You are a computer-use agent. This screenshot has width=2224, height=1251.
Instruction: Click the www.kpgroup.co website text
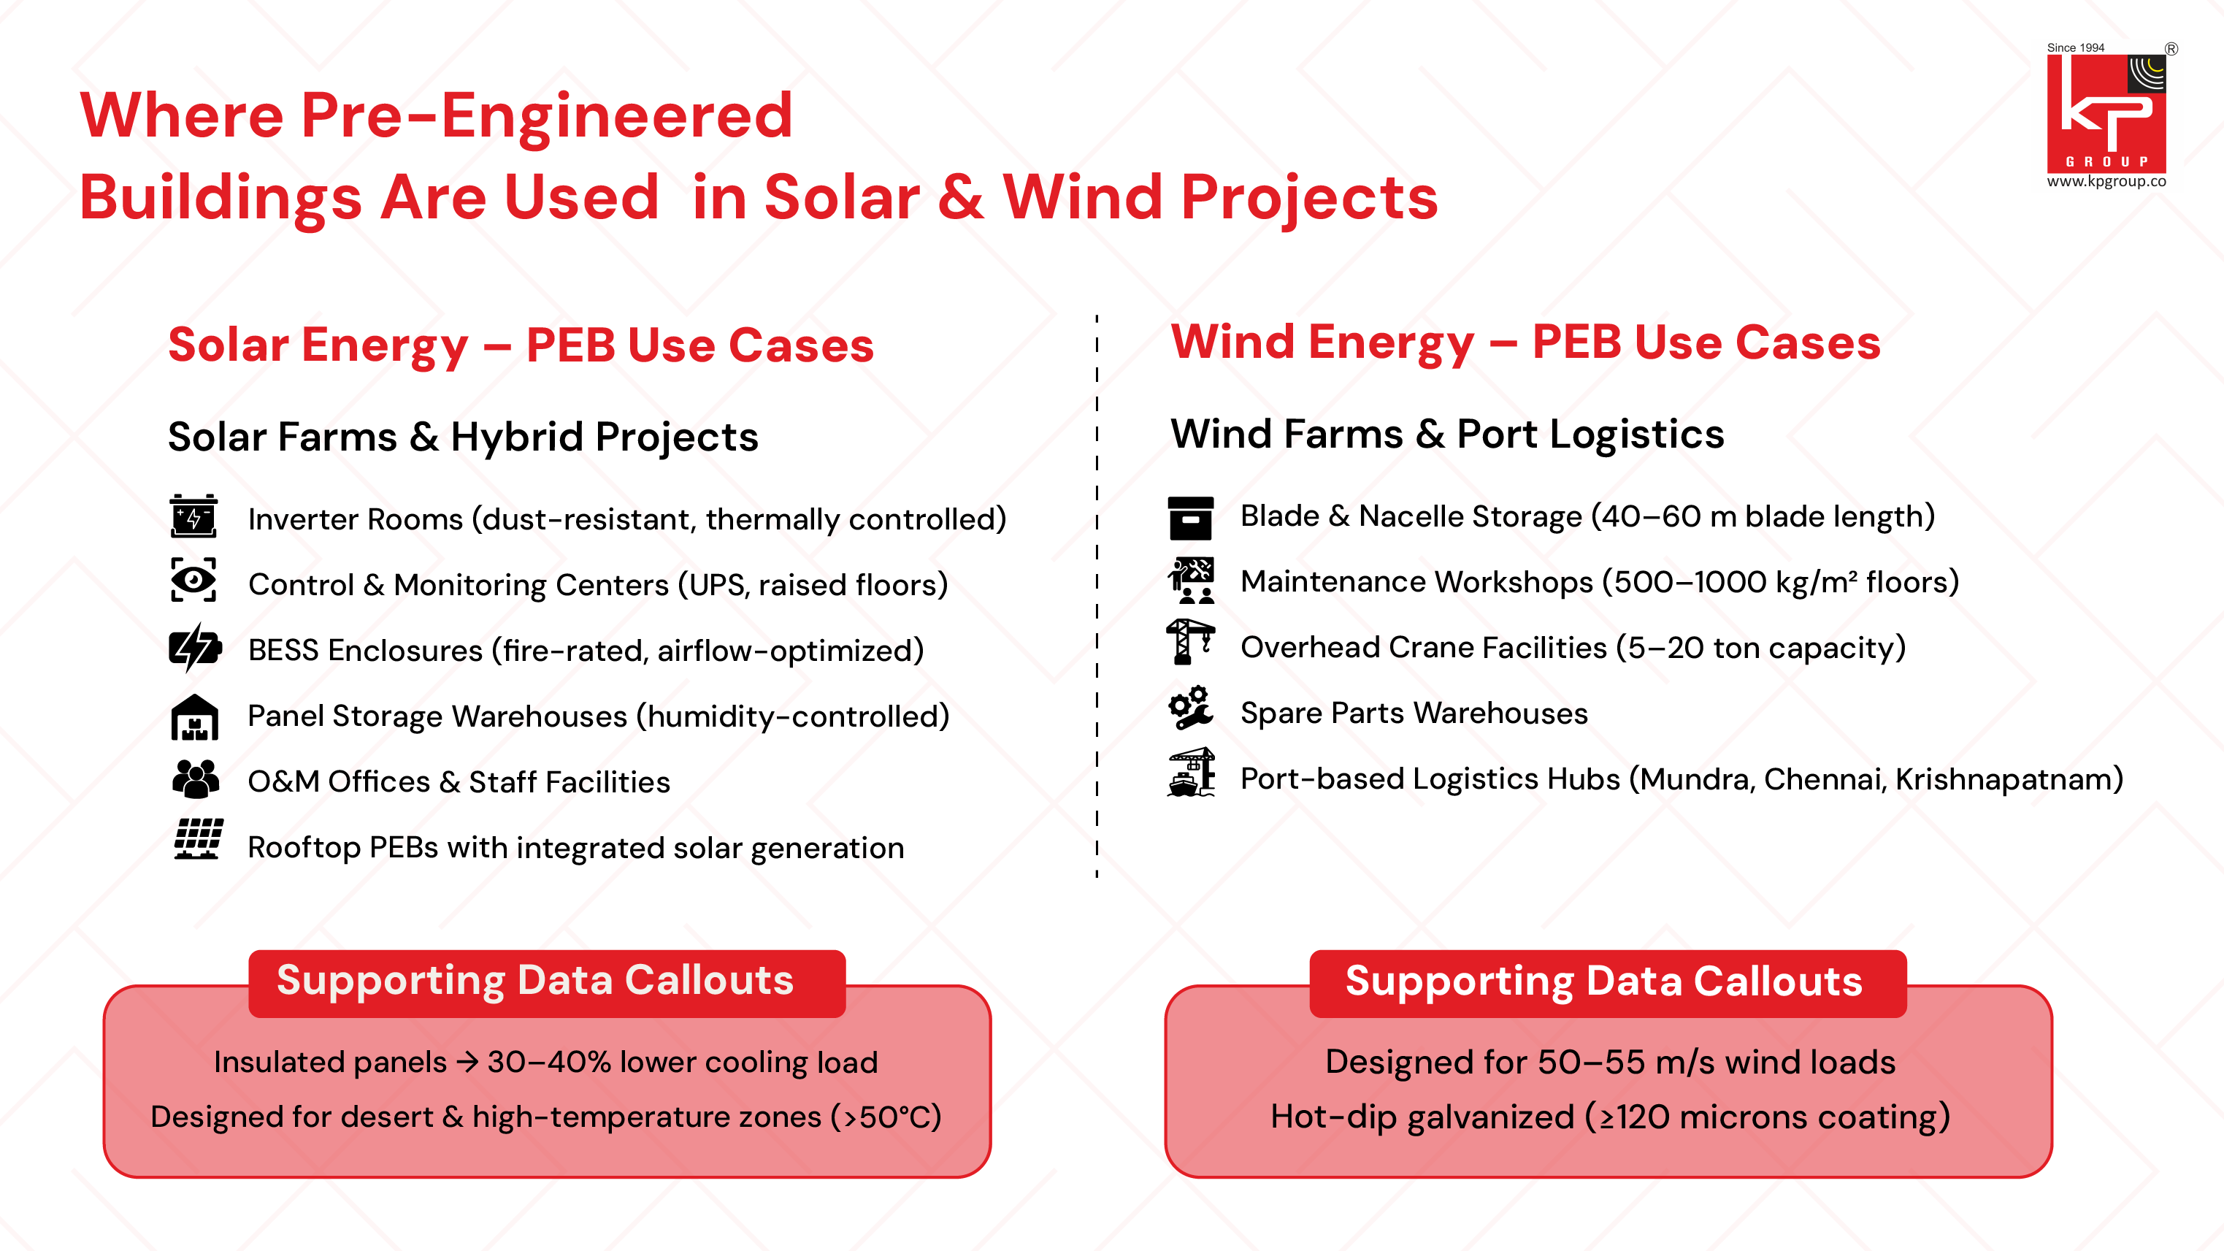(2106, 181)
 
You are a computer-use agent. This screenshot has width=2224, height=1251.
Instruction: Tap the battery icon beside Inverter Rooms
(193, 516)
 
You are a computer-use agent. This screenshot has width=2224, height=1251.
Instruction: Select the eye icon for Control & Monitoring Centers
(193, 580)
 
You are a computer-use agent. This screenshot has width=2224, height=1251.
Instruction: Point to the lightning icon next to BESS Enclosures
(194, 648)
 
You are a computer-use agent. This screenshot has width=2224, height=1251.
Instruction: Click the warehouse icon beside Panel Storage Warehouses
(194, 717)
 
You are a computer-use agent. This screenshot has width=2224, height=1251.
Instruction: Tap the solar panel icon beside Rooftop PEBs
(198, 839)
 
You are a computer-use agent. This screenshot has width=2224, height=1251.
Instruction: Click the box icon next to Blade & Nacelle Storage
(1191, 518)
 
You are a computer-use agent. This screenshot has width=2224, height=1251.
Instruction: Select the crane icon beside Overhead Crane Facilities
(1189, 641)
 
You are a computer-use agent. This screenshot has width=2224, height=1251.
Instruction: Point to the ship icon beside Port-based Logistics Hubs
(1191, 773)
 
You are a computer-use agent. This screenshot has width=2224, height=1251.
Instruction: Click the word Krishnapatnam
(2008, 780)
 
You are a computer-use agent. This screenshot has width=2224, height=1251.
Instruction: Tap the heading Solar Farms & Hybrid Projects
(463, 437)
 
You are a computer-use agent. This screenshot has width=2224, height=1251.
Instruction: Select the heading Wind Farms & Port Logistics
(1447, 435)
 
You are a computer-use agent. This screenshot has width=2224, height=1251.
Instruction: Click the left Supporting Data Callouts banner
(546, 982)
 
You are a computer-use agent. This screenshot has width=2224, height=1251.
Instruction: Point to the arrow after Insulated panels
(467, 1062)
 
